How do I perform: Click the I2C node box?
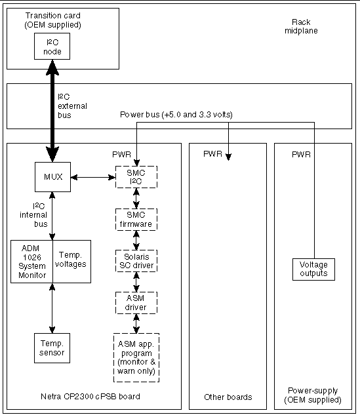click(x=52, y=46)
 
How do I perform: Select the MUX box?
click(x=52, y=176)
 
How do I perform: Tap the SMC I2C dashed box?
click(x=137, y=176)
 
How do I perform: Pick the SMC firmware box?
click(x=137, y=219)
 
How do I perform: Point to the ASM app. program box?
click(x=136, y=357)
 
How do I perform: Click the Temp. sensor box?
click(x=52, y=347)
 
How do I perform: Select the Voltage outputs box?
click(x=313, y=269)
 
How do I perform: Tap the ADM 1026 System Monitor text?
click(x=31, y=262)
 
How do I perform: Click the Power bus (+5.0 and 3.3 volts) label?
click(x=176, y=115)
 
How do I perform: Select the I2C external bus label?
click(x=72, y=106)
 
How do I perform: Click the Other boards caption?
click(x=228, y=397)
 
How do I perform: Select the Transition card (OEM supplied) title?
click(x=52, y=20)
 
